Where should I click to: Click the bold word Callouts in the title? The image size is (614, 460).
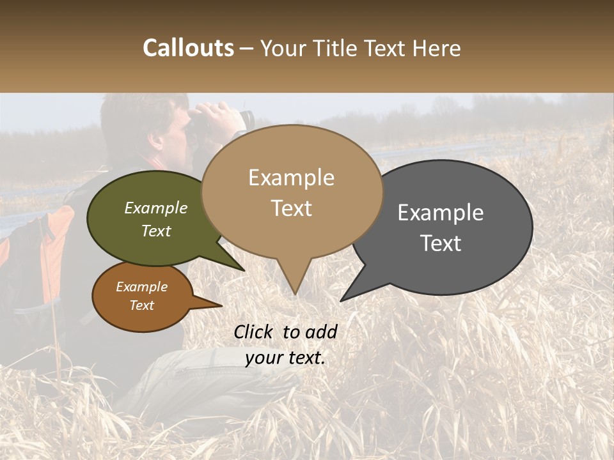pyautogui.click(x=188, y=49)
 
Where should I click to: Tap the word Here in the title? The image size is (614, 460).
pyautogui.click(x=437, y=49)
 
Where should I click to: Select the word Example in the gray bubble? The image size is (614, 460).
pyautogui.click(x=441, y=213)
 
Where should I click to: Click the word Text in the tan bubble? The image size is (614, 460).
pyautogui.click(x=291, y=208)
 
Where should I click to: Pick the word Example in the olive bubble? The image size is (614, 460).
pyautogui.click(x=156, y=208)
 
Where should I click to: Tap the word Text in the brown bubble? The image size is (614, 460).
pyautogui.click(x=142, y=305)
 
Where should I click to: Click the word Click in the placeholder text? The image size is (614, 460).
pyautogui.click(x=253, y=332)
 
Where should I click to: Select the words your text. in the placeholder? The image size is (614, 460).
pyautogui.click(x=285, y=358)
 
